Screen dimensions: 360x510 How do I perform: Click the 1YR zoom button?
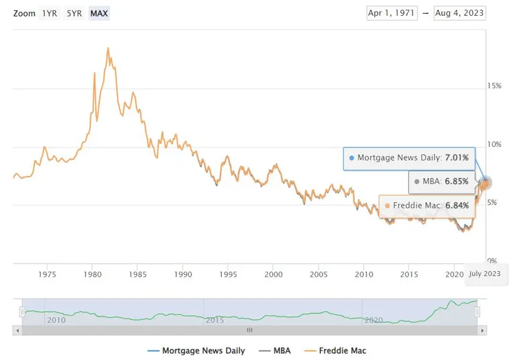(x=50, y=13)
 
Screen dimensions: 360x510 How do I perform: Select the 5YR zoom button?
(x=74, y=13)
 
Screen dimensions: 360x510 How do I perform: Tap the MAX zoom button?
(x=99, y=13)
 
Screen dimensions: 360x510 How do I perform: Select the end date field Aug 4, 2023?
(x=460, y=13)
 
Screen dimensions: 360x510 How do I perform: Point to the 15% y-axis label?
(x=494, y=86)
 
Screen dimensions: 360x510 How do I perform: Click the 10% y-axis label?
(x=494, y=145)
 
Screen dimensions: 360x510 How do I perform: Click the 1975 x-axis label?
(x=48, y=274)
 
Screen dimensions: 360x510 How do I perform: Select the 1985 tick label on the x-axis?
(x=137, y=274)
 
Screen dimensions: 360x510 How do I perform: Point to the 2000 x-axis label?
(x=274, y=274)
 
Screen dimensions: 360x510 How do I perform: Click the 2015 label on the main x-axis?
(x=409, y=274)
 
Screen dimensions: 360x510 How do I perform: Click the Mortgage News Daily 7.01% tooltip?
(x=409, y=158)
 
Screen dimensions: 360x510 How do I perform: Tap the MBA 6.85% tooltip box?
(x=441, y=182)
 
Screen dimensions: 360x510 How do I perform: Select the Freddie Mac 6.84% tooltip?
(x=427, y=206)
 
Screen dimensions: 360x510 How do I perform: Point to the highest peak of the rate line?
(x=108, y=48)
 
